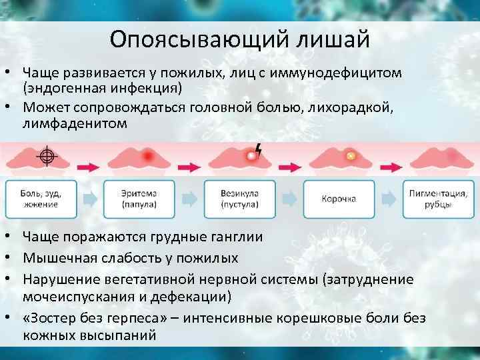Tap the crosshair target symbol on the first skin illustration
(47, 157)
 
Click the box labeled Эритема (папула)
(139, 199)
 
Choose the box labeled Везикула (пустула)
(239, 199)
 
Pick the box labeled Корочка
(339, 199)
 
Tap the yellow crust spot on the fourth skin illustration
(349, 157)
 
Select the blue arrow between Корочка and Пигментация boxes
(389, 199)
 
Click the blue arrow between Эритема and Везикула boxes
(189, 199)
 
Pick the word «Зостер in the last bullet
(54, 318)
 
